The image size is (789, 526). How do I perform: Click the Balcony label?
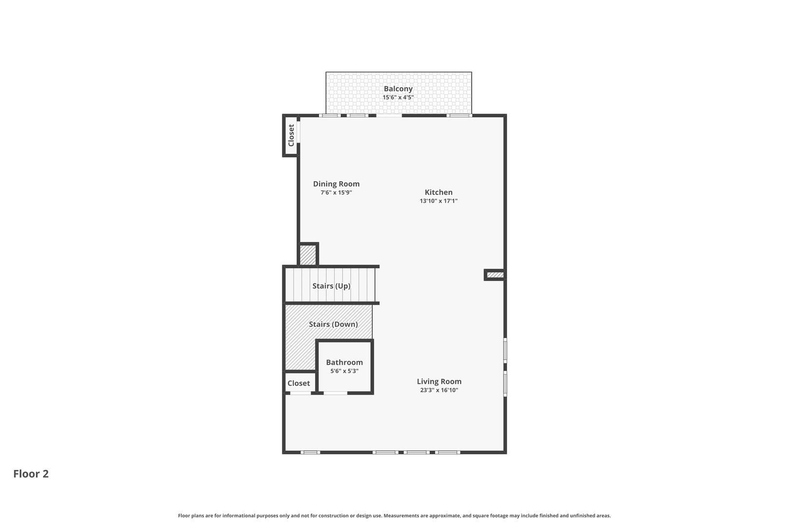coord(398,89)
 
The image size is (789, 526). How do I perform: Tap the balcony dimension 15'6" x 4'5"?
coord(398,97)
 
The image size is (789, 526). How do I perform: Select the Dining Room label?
coord(336,184)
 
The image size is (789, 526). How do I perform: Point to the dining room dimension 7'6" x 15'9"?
coord(336,192)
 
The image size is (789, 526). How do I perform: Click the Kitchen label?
coord(438,192)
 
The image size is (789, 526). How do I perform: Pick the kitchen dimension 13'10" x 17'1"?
coord(438,201)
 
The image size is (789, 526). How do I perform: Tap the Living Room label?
coord(439,381)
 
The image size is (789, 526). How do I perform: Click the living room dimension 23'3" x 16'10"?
coord(439,390)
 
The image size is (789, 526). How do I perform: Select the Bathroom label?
coord(344,362)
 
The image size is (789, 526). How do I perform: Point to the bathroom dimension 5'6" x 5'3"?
coord(344,371)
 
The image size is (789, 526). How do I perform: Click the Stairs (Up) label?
coord(331,286)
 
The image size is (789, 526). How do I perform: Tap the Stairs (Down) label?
coord(333,324)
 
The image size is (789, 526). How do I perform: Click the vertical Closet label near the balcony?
coord(291,135)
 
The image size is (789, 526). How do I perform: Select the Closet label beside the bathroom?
coord(299,383)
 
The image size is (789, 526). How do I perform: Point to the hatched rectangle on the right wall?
coord(495,275)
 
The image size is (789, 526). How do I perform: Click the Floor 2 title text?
coord(31,474)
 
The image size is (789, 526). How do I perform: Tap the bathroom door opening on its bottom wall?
coord(336,393)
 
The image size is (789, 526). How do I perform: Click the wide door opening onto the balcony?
coord(389,115)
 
